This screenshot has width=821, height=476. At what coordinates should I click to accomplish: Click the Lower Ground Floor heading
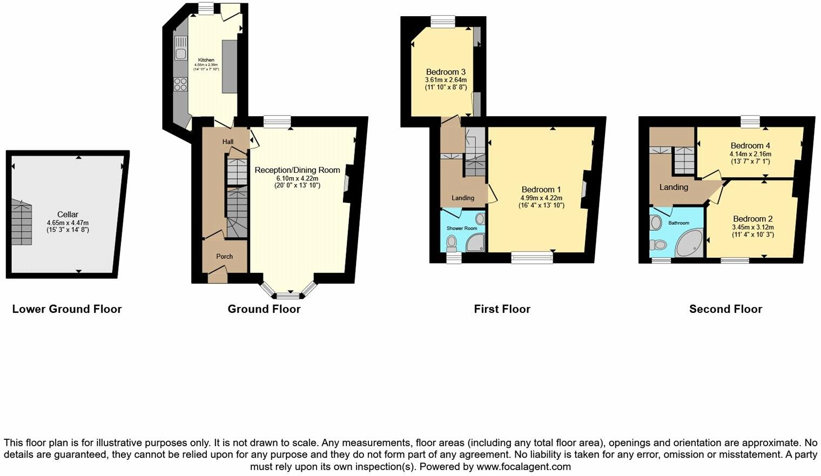click(67, 309)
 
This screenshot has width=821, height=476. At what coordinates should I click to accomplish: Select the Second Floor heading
click(725, 309)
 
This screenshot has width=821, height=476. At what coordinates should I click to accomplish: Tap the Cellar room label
click(68, 214)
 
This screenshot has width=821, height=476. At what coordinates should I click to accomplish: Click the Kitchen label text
click(206, 60)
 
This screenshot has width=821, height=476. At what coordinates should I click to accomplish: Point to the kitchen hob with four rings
click(180, 84)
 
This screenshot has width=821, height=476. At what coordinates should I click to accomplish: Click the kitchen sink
click(180, 47)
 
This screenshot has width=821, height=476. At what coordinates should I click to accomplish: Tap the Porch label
click(224, 256)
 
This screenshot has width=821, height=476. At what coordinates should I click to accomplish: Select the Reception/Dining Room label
click(297, 170)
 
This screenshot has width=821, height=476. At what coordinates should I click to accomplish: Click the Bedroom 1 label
click(541, 190)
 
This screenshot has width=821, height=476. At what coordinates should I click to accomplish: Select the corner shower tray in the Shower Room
click(475, 243)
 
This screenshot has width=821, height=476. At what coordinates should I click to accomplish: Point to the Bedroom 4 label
click(750, 145)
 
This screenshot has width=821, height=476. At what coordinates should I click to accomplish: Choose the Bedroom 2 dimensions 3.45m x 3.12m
click(752, 227)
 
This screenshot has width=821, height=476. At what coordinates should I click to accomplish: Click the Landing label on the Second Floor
click(674, 187)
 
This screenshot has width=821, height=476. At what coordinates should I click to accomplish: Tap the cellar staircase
click(21, 223)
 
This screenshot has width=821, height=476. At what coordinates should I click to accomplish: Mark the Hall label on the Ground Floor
click(228, 142)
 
